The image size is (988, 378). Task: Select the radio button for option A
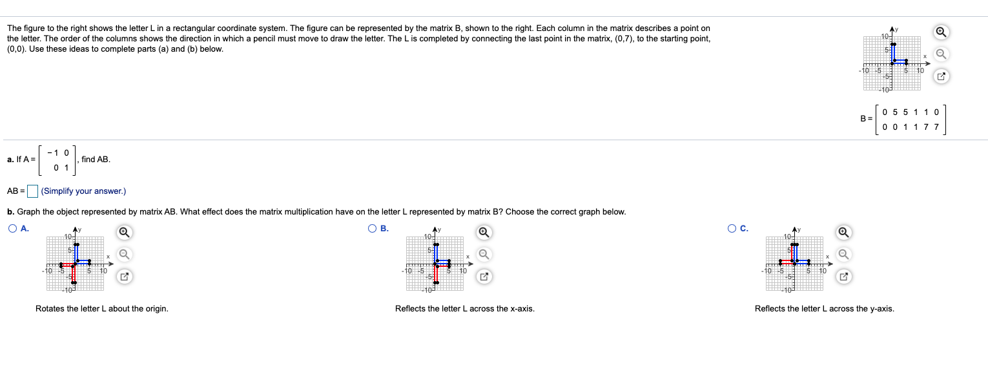[14, 228]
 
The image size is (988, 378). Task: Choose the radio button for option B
[373, 228]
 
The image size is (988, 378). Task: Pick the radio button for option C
[732, 228]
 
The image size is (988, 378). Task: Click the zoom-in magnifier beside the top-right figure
[942, 32]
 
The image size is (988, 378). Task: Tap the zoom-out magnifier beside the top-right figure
[942, 54]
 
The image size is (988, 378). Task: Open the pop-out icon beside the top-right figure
[942, 77]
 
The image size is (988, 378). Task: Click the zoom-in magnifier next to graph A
[125, 232]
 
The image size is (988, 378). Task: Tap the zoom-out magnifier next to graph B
[484, 254]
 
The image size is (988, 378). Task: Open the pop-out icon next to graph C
[843, 277]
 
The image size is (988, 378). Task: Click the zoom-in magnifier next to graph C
[843, 232]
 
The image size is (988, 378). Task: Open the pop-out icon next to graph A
[125, 277]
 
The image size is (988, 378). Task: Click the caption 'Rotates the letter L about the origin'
[102, 309]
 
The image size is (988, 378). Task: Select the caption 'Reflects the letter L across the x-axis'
[464, 309]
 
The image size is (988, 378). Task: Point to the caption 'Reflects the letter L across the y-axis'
[824, 309]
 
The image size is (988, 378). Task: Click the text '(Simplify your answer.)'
[83, 191]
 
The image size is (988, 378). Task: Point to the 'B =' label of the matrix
[866, 118]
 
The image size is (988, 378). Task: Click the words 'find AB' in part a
[96, 159]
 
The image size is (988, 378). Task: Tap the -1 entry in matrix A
[57, 152]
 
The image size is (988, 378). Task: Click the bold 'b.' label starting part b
[11, 212]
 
